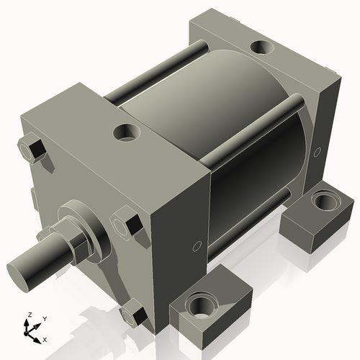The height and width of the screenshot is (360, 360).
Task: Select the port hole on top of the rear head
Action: click(x=261, y=48)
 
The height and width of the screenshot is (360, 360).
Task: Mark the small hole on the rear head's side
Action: click(x=316, y=152)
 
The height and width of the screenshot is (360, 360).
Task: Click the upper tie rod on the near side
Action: click(x=252, y=126)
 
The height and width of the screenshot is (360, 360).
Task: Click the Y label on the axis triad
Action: click(x=44, y=318)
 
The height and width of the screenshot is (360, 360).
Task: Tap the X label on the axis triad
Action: click(x=45, y=338)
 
